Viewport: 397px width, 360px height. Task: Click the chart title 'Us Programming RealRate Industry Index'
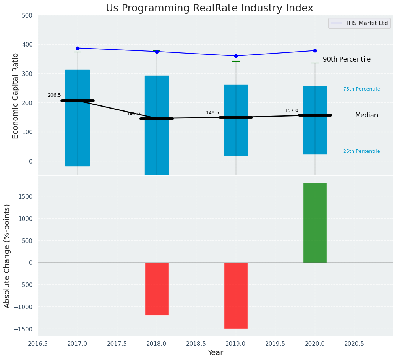click(x=209, y=8)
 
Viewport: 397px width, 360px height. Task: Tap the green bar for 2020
click(x=315, y=223)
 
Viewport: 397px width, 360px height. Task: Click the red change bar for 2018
click(x=157, y=289)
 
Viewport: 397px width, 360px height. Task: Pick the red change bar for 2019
click(x=236, y=295)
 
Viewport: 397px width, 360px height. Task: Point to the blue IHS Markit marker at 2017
click(x=78, y=48)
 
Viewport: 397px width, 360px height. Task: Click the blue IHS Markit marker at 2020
click(x=315, y=50)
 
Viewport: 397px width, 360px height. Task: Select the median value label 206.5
click(x=54, y=95)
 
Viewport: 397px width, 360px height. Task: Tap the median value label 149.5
click(x=212, y=113)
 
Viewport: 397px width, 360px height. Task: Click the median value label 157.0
click(x=292, y=110)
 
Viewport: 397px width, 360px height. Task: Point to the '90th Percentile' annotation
click(x=347, y=60)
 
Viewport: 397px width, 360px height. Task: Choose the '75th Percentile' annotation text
click(x=361, y=89)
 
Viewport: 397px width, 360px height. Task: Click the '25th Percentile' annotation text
click(x=361, y=151)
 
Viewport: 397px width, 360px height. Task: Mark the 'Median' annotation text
click(x=366, y=115)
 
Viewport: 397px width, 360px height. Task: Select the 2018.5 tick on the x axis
click(x=196, y=344)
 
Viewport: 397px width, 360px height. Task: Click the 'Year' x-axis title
click(x=216, y=353)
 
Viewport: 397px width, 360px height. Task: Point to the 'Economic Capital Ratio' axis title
click(x=16, y=96)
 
